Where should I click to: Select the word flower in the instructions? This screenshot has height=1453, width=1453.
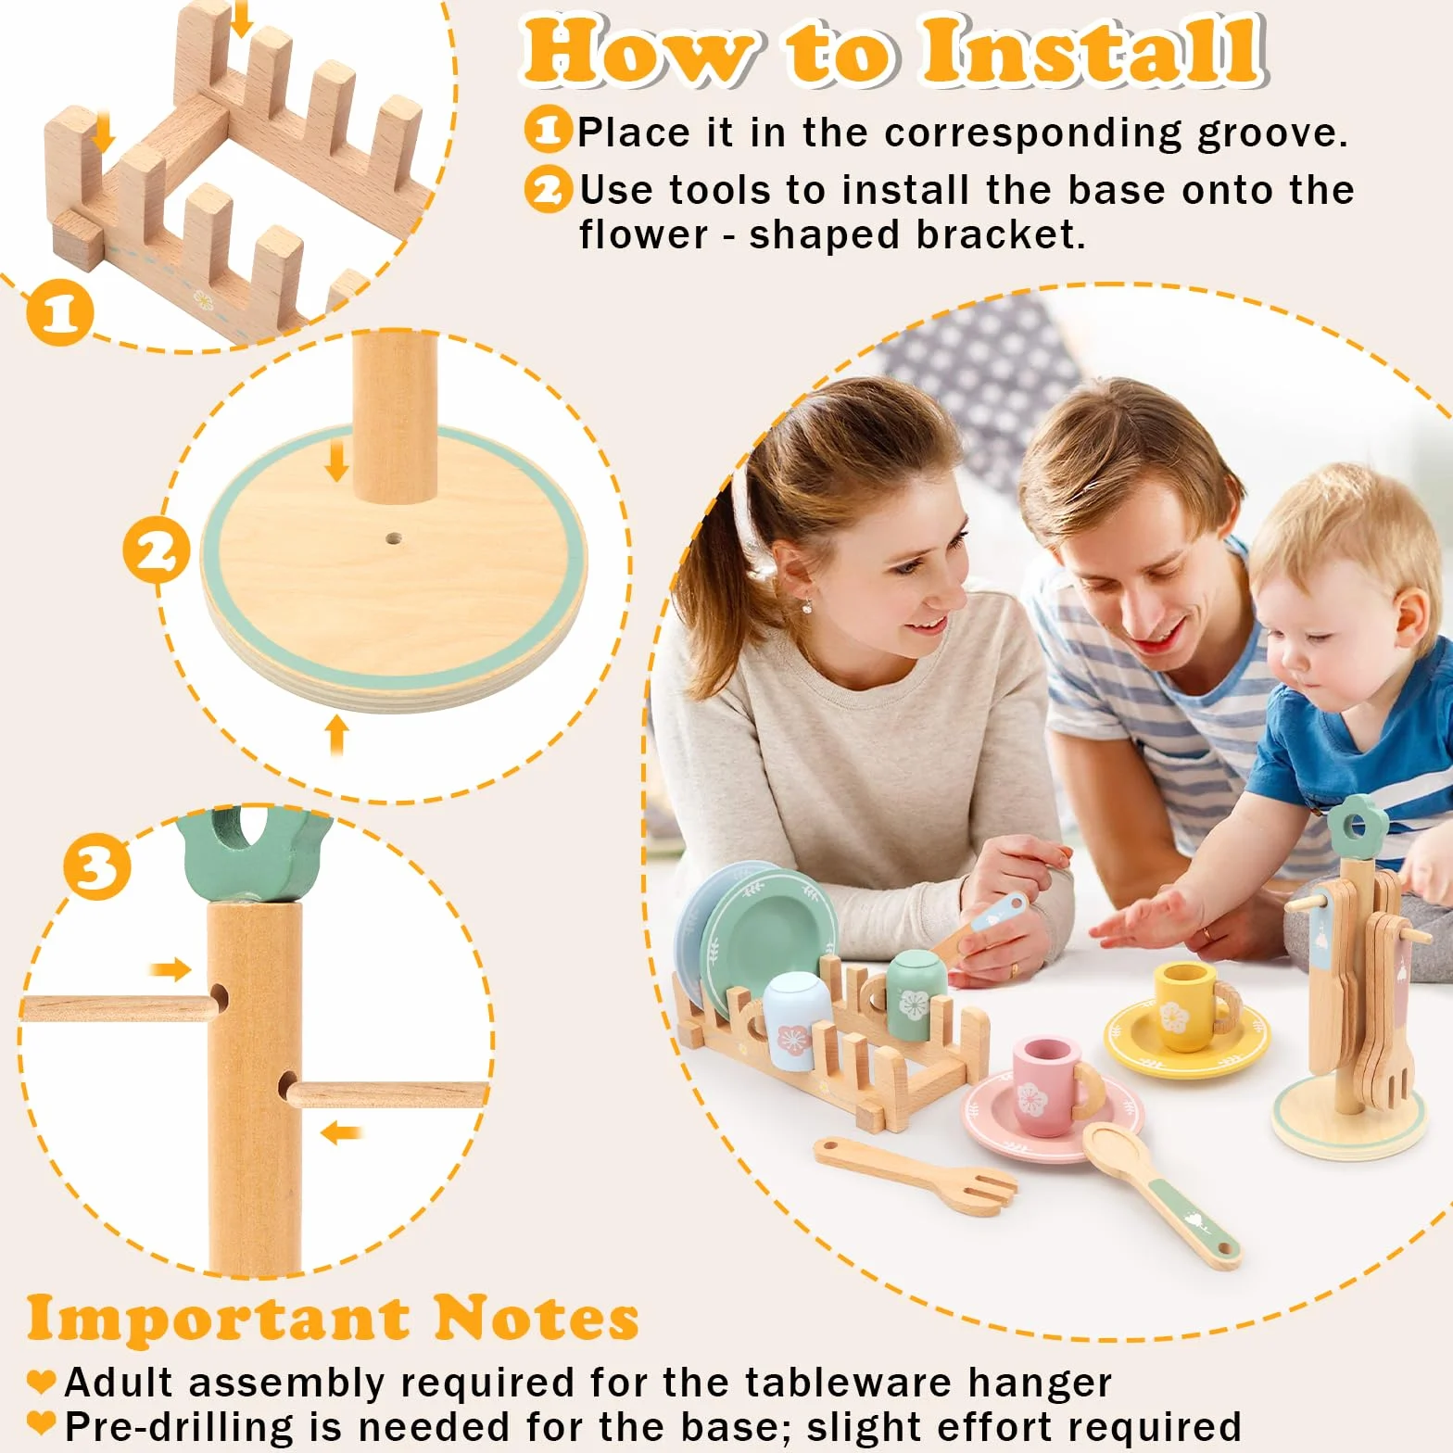[x=642, y=234]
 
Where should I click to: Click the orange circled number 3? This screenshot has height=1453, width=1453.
[x=97, y=867]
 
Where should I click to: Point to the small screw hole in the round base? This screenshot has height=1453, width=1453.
[x=394, y=537]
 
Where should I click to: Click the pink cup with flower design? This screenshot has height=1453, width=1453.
[x=1055, y=1086]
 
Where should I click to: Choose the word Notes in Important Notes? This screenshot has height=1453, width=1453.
[x=536, y=1318]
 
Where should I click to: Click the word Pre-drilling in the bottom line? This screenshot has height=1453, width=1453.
[x=179, y=1427]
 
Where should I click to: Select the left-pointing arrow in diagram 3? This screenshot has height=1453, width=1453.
[x=341, y=1131]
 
